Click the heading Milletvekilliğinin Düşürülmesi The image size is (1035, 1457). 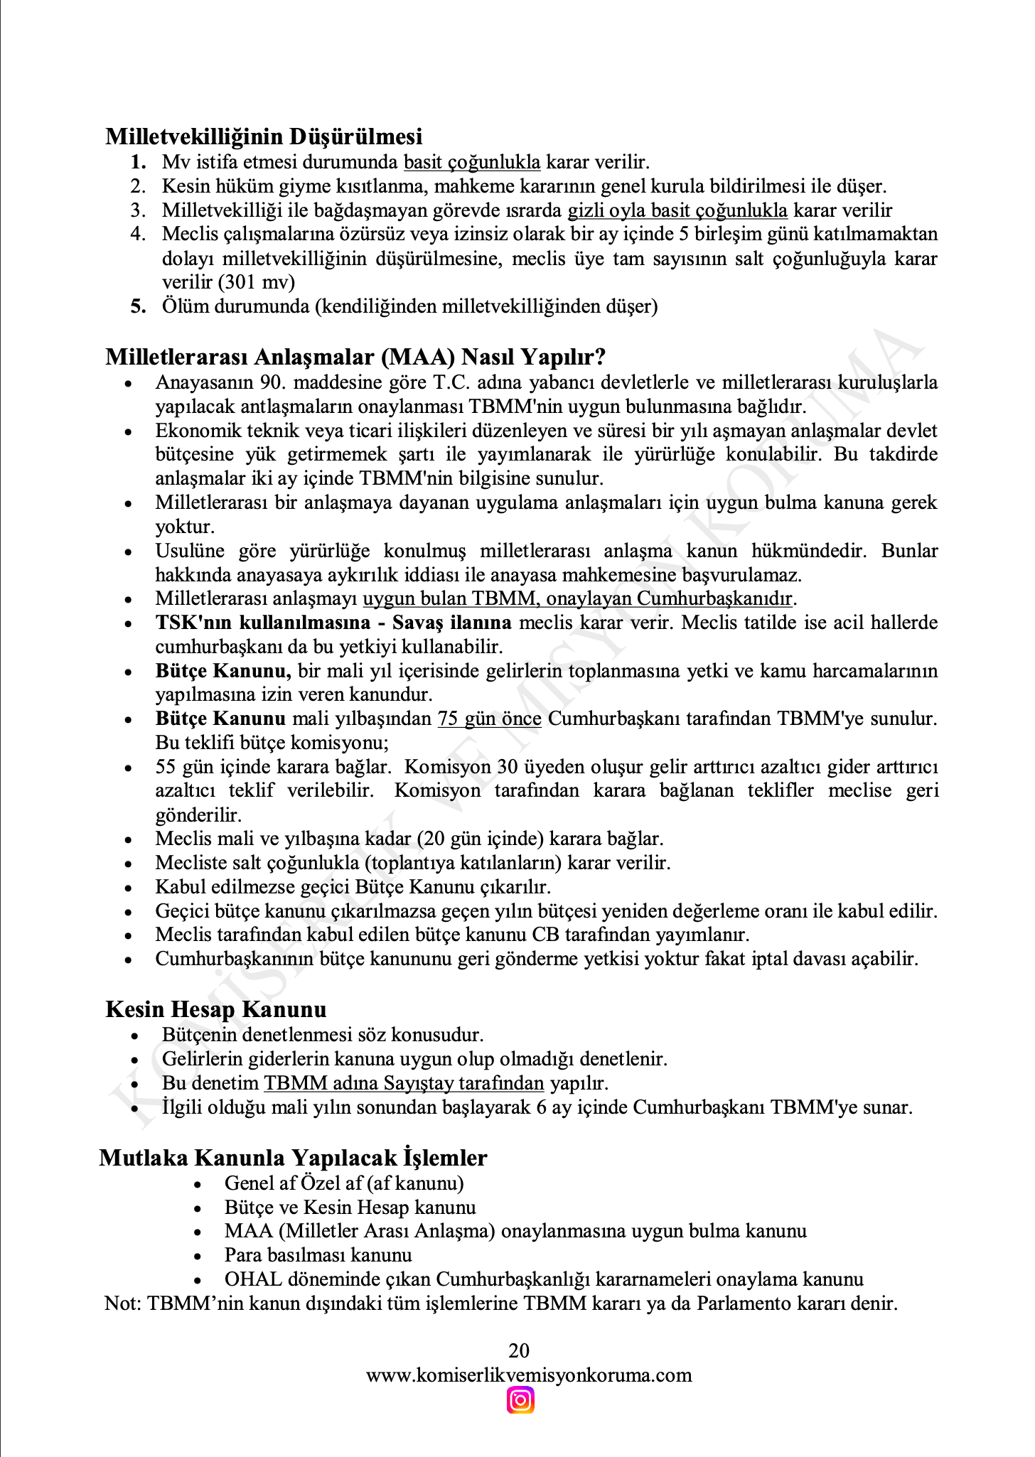pos(264,136)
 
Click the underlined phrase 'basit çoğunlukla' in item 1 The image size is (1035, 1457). pos(472,162)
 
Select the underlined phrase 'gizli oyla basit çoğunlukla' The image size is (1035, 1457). pos(677,210)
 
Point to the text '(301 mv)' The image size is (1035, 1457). pos(257,282)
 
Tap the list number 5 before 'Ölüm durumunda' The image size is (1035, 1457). pos(139,306)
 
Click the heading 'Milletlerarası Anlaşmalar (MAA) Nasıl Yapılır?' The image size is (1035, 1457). pos(355,357)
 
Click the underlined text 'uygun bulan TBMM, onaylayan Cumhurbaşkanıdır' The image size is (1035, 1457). pos(578,598)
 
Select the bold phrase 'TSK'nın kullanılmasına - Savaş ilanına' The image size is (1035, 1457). pos(333,623)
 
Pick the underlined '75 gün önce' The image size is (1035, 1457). pos(489,719)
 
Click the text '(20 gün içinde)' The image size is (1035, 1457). pos(481,839)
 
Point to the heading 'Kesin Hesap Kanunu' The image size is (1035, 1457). pos(216,1009)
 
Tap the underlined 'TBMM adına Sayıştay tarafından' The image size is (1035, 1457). pos(404,1083)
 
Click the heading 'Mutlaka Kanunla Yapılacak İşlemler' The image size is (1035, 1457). pos(293,1158)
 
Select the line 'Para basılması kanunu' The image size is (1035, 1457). pos(318,1255)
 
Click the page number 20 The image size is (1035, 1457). pos(519,1350)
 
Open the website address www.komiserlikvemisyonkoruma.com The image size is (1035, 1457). pos(529,1375)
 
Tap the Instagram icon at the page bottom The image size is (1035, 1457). pos(520,1401)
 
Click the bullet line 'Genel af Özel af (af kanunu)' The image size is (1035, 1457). pos(344,1183)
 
